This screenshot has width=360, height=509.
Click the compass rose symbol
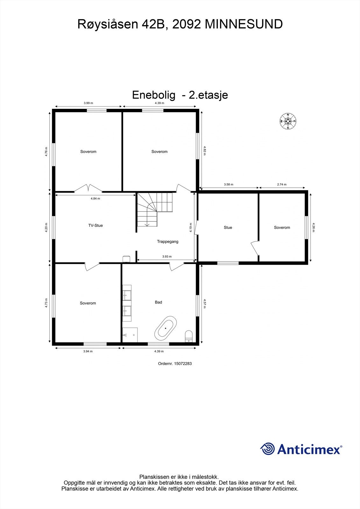tap(288, 121)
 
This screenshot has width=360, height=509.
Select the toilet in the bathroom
tap(189, 336)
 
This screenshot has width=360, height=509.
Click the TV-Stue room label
tap(95, 226)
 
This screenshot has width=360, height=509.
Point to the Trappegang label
tap(167, 241)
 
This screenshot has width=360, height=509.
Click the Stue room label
tap(228, 227)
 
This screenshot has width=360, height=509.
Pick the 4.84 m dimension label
tap(95, 199)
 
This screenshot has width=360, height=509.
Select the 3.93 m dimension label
tap(167, 256)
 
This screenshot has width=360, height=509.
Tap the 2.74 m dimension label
tap(282, 185)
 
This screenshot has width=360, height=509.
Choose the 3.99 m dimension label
tap(88, 103)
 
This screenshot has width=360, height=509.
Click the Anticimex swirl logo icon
tap(267, 449)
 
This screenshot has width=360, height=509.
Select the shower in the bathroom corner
tap(130, 335)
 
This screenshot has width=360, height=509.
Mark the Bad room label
tap(159, 302)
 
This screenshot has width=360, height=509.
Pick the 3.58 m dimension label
tap(229, 185)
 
